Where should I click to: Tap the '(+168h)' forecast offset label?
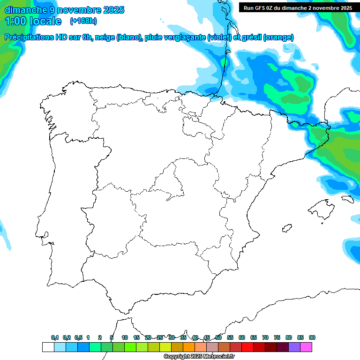(x=83, y=21)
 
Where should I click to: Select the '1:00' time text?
(x=15, y=21)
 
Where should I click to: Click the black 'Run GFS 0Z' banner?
(x=297, y=7)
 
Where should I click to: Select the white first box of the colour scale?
(x=48, y=347)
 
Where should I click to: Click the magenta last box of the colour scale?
(x=306, y=347)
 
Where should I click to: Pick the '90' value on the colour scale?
(x=312, y=337)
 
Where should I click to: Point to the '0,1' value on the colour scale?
(x=55, y=337)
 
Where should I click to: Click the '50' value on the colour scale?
(x=218, y=337)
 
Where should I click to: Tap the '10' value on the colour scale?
(x=125, y=337)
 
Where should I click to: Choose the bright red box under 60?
(x=247, y=347)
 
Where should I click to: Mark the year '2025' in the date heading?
(x=111, y=10)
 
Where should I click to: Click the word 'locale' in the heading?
(x=45, y=21)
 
